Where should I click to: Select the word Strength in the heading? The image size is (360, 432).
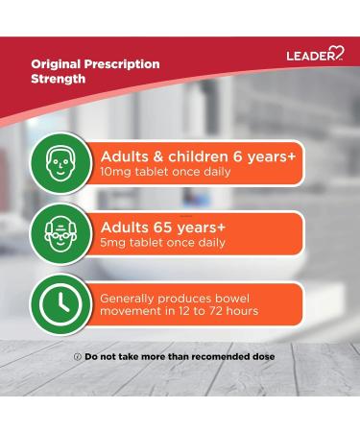56,80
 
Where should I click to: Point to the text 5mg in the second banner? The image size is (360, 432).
113,243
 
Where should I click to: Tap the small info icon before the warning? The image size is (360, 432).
77,357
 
